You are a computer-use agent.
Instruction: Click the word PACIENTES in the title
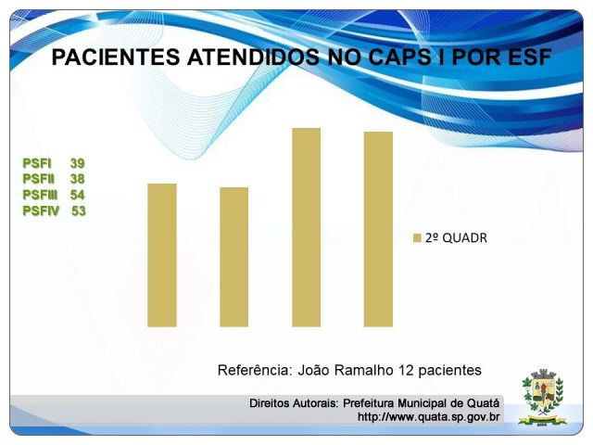(116, 57)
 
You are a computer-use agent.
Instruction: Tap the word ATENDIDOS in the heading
(253, 57)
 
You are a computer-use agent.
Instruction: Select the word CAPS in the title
(399, 57)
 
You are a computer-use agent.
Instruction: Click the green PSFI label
(37, 163)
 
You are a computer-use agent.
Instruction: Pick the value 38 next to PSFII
(77, 179)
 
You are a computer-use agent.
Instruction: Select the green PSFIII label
(40, 195)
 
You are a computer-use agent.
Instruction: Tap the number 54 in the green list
(77, 195)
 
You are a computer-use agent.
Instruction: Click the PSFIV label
(41, 210)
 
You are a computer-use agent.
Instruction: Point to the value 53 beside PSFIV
(79, 210)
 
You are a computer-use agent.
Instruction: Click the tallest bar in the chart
(307, 227)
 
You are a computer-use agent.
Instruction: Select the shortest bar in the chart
(234, 257)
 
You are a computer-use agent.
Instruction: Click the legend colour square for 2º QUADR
(417, 238)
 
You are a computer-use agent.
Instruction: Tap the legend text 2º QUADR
(456, 238)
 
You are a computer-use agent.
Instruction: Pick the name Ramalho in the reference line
(364, 370)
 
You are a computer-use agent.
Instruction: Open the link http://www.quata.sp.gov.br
(428, 417)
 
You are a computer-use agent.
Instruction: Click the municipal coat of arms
(543, 398)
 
